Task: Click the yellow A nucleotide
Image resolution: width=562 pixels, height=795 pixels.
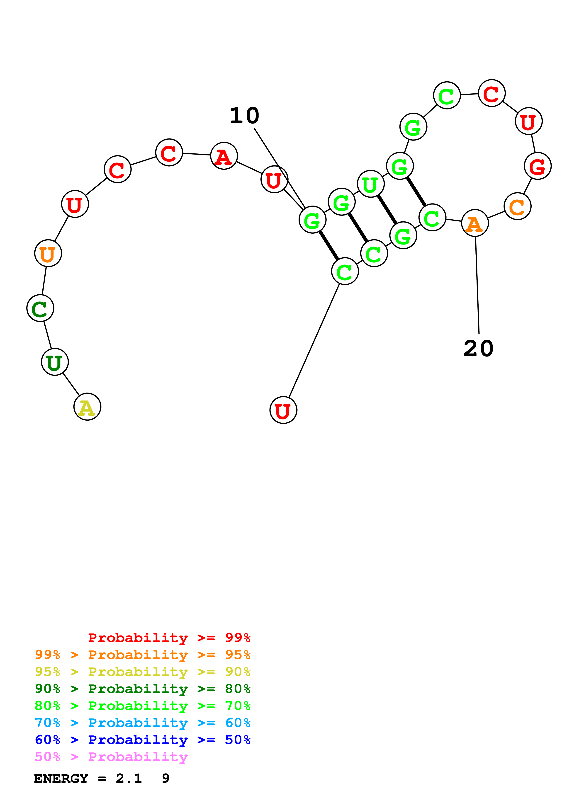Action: [x=87, y=407]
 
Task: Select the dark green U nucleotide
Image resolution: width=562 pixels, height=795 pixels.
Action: [x=55, y=362]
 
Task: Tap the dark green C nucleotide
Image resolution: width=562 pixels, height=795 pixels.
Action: [x=40, y=308]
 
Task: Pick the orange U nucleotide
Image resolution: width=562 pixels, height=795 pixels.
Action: [x=48, y=253]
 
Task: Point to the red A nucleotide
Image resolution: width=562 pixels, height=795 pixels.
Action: [x=224, y=156]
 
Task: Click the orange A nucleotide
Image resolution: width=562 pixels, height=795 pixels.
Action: [x=475, y=223]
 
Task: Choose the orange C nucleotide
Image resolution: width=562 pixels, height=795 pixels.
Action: [x=517, y=206]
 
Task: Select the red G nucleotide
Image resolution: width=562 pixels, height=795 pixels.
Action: [x=538, y=166]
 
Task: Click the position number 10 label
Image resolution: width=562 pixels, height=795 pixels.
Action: [x=244, y=115]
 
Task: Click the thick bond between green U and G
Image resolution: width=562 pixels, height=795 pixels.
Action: [x=387, y=209]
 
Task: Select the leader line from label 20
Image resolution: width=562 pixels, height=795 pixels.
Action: [x=477, y=284]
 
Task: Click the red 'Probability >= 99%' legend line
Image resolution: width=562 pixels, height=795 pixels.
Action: [x=169, y=637]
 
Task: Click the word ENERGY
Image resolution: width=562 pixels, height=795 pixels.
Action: [x=61, y=778]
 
